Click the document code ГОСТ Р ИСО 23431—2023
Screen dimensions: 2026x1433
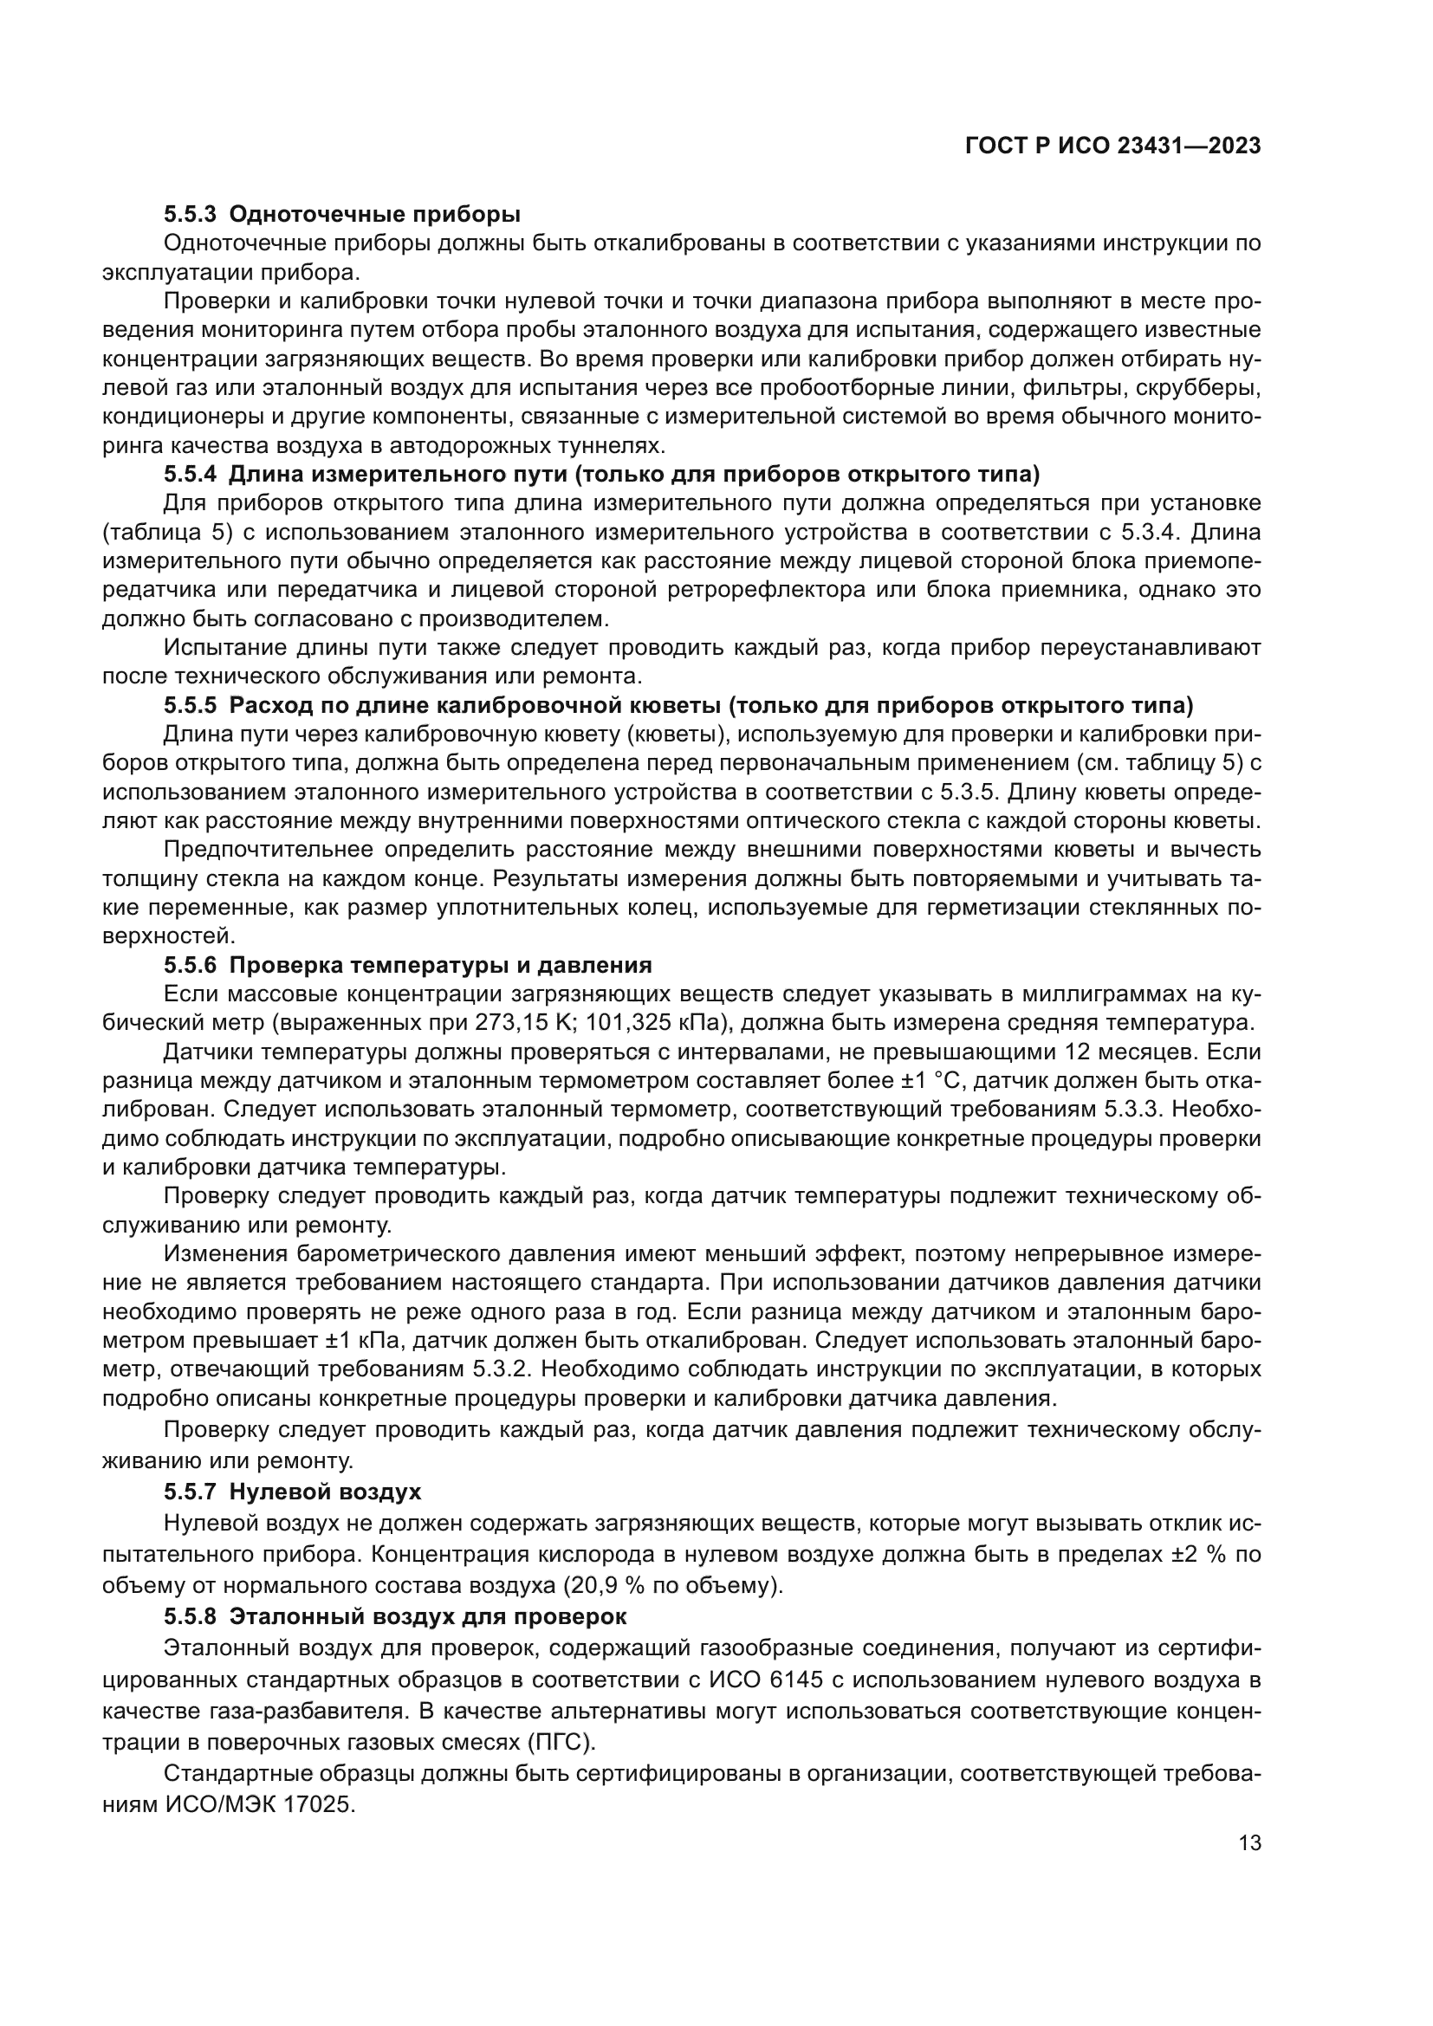point(1113,146)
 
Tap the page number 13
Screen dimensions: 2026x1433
point(1249,1843)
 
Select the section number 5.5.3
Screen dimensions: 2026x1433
point(190,215)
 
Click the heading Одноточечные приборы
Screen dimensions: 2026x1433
point(374,215)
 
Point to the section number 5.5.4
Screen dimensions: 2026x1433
point(190,475)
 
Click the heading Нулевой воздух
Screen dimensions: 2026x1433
point(325,1492)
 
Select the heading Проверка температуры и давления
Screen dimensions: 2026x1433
point(440,964)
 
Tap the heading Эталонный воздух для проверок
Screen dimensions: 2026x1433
point(428,1616)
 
